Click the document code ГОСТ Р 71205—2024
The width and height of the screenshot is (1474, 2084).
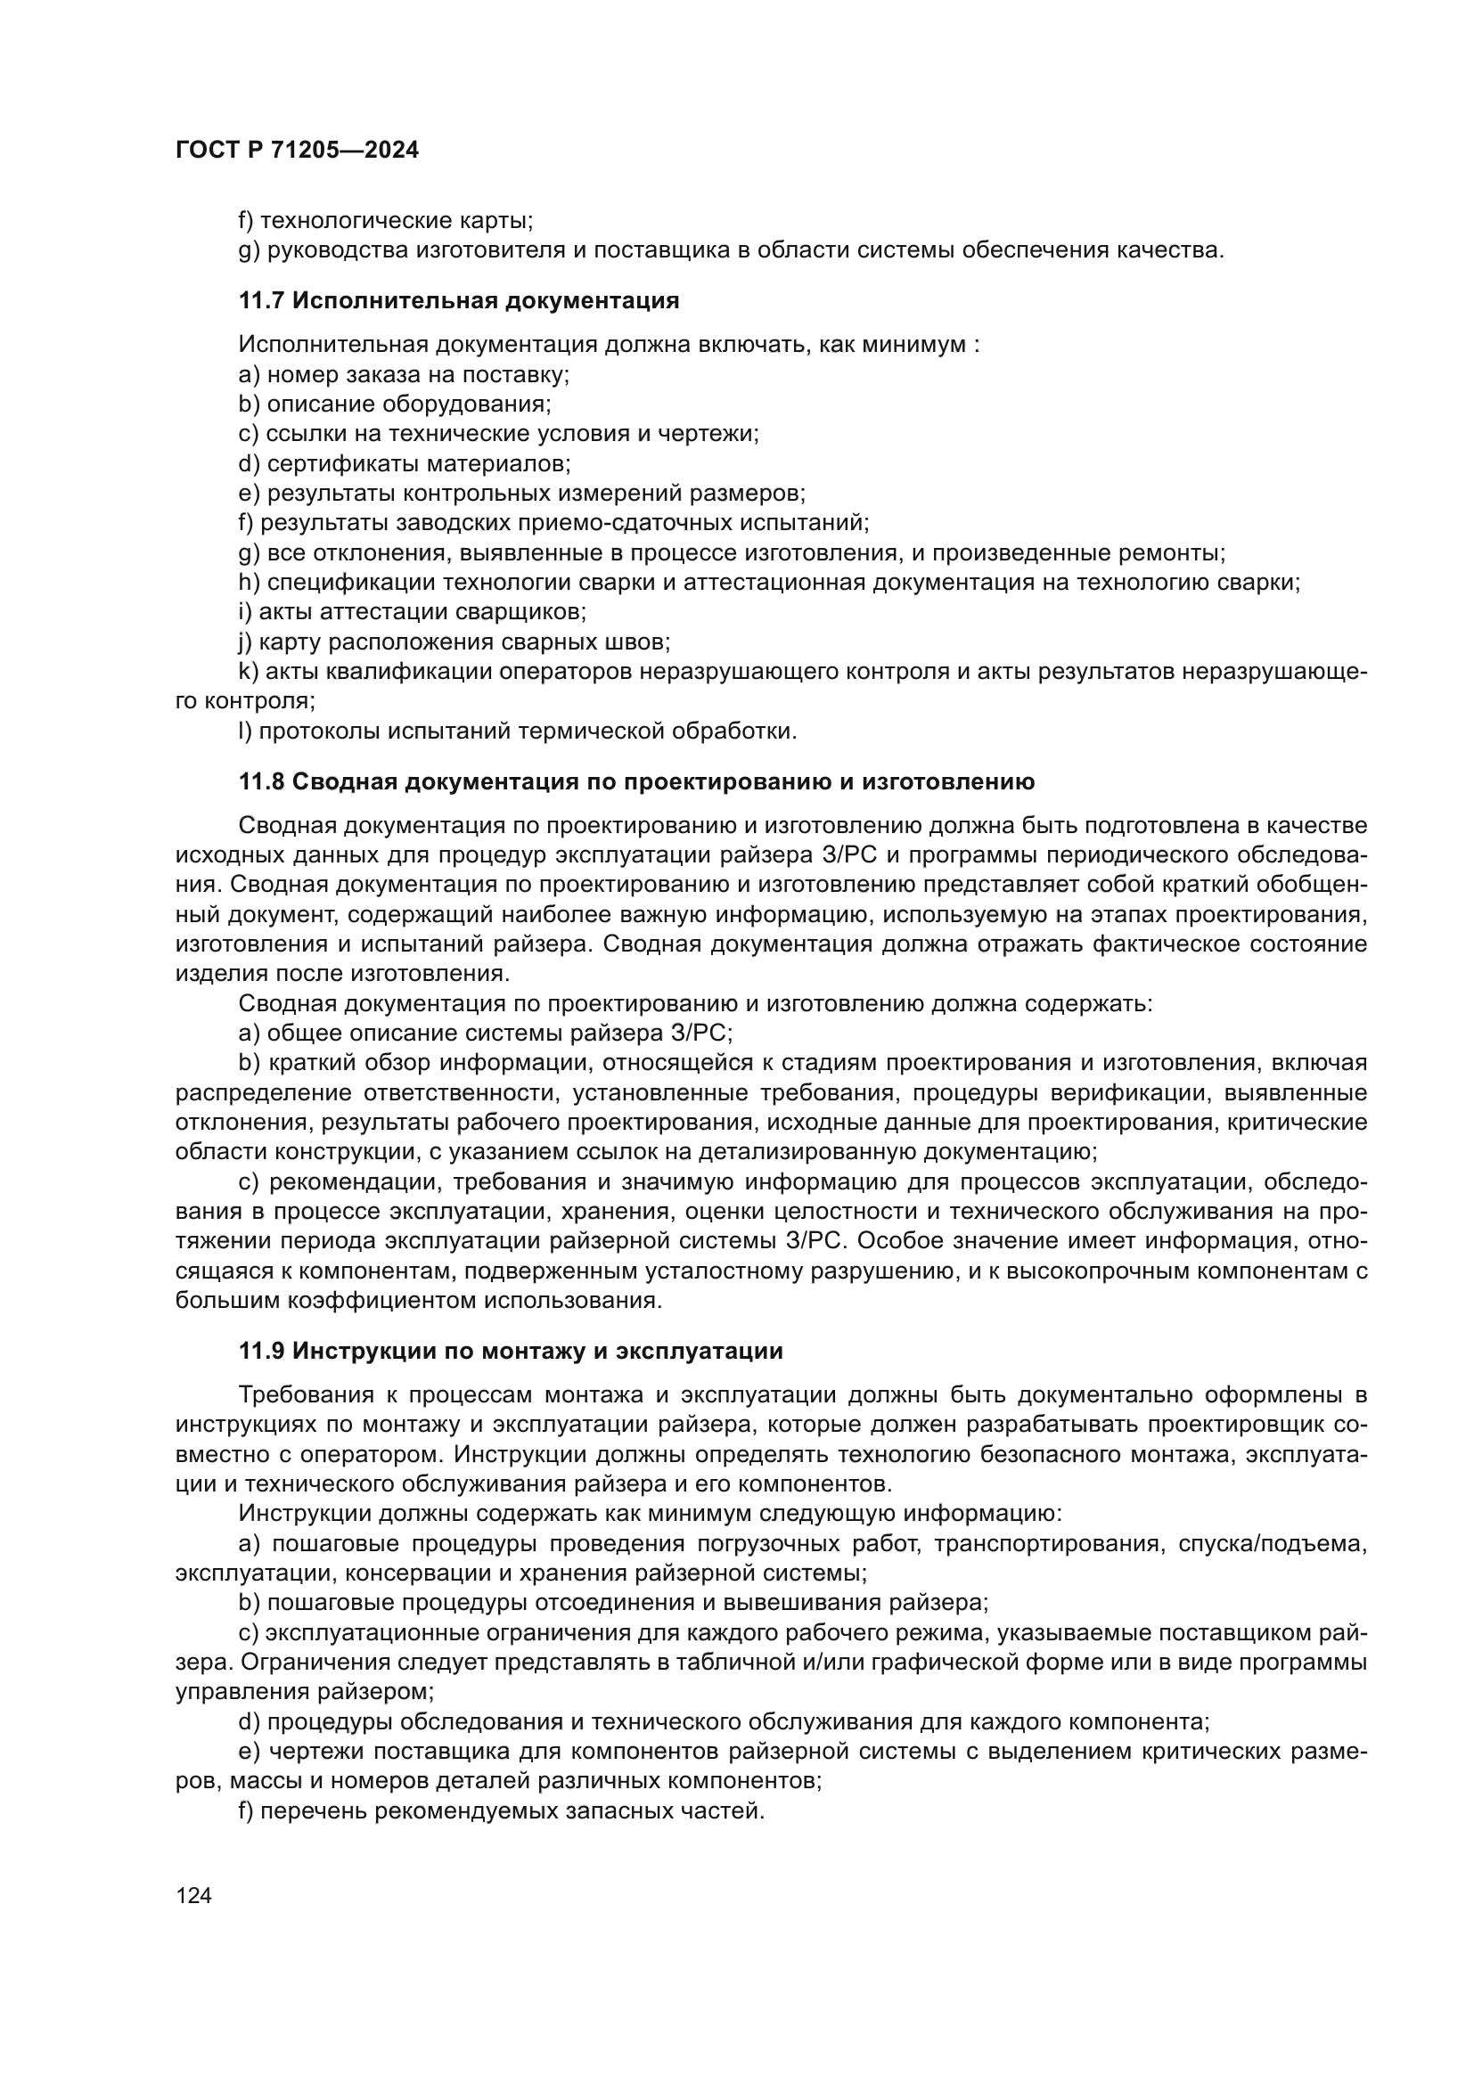297,151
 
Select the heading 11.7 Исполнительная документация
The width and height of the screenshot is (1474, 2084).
458,300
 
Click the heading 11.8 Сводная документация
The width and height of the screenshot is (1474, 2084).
636,781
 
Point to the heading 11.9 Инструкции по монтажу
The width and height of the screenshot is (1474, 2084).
510,1351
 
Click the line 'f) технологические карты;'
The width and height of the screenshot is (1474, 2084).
385,220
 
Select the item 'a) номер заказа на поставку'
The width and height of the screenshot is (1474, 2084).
403,374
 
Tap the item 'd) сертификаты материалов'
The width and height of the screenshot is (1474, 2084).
404,464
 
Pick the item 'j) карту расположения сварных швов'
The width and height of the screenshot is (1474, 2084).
454,642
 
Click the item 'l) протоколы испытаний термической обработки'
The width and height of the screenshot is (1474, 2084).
518,731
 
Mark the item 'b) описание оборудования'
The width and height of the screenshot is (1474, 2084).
394,404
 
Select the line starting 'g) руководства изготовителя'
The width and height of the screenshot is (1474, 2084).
731,249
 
